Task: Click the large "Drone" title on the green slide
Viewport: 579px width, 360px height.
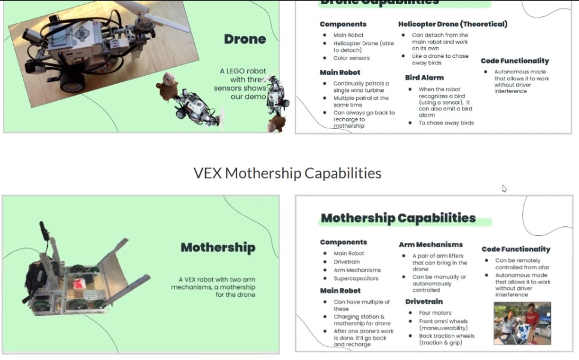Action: [244, 39]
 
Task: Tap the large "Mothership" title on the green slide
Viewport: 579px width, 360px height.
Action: [217, 247]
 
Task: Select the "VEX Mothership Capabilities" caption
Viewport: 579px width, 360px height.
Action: [287, 173]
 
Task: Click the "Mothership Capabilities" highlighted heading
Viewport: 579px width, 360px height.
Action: [398, 218]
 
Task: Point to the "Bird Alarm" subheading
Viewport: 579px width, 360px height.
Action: [424, 78]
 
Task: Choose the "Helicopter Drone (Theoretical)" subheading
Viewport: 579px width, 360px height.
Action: [452, 24]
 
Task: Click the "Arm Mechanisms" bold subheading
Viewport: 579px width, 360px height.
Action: [431, 244]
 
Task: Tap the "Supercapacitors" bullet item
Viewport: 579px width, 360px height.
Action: [357, 279]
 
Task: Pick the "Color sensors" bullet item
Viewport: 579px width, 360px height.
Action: [351, 58]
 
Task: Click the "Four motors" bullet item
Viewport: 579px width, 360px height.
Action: [435, 312]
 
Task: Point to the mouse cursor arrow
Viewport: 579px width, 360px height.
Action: [504, 189]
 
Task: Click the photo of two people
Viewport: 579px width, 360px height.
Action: [522, 323]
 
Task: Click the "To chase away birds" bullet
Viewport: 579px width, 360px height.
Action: [446, 123]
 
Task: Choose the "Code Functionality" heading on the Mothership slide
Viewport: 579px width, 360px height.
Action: [516, 249]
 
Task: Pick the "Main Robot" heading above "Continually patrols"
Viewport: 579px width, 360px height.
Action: [340, 72]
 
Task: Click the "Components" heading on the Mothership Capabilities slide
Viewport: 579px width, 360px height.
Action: [343, 242]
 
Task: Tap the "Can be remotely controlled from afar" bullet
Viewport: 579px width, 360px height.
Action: [517, 264]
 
